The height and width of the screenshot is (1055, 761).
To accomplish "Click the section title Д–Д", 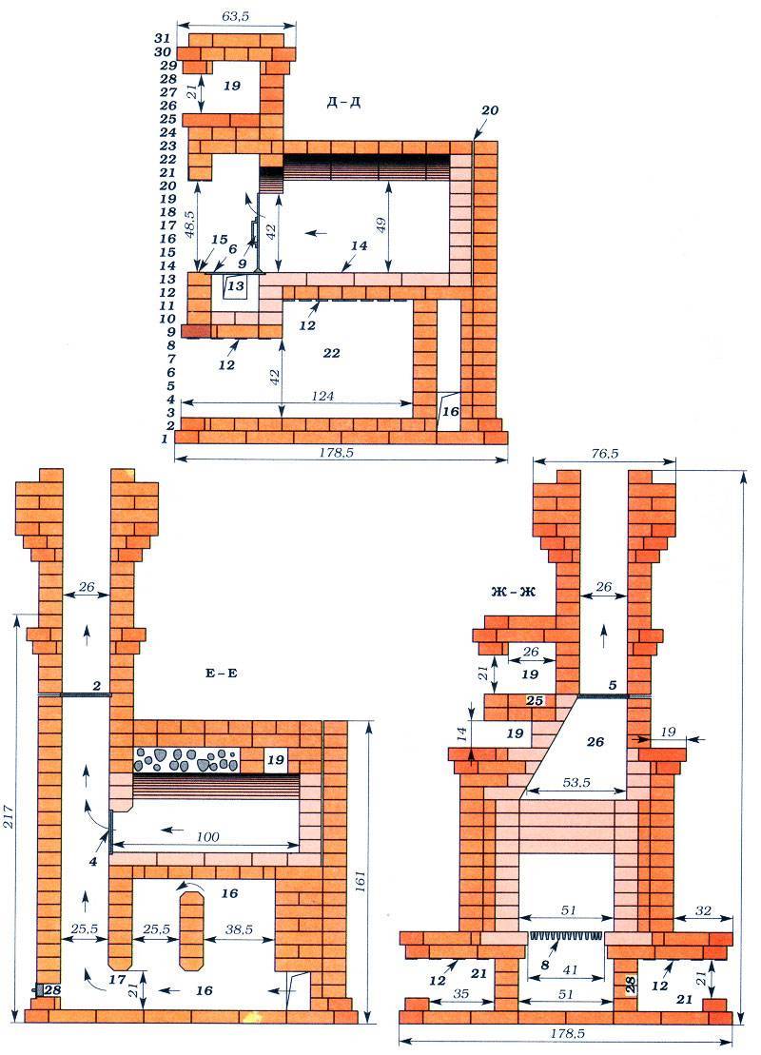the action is coord(343,103).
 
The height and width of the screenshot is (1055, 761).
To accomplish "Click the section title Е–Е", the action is coord(222,673).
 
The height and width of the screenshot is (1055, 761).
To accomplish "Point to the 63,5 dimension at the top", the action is coord(235,16).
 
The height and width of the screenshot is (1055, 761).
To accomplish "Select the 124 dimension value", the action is coord(323,396).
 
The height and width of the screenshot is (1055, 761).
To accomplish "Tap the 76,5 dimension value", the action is coord(604,454).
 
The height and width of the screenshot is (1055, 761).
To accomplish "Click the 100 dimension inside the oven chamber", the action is coord(209,836).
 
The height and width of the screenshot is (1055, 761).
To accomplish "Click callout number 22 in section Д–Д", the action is coord(332,353).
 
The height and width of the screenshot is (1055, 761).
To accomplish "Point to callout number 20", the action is coord(490,109).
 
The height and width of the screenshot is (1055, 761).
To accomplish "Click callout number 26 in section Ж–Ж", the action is coord(595,741).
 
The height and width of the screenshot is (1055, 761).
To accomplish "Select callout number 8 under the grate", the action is coord(545,965).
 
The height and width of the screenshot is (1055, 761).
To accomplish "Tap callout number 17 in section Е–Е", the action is coord(118,979).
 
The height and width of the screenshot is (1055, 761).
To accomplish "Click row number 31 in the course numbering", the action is coord(162,39).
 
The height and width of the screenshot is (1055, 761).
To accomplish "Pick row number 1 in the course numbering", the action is coord(165,439).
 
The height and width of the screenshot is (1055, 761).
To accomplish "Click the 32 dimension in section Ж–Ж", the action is coord(702,911).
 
